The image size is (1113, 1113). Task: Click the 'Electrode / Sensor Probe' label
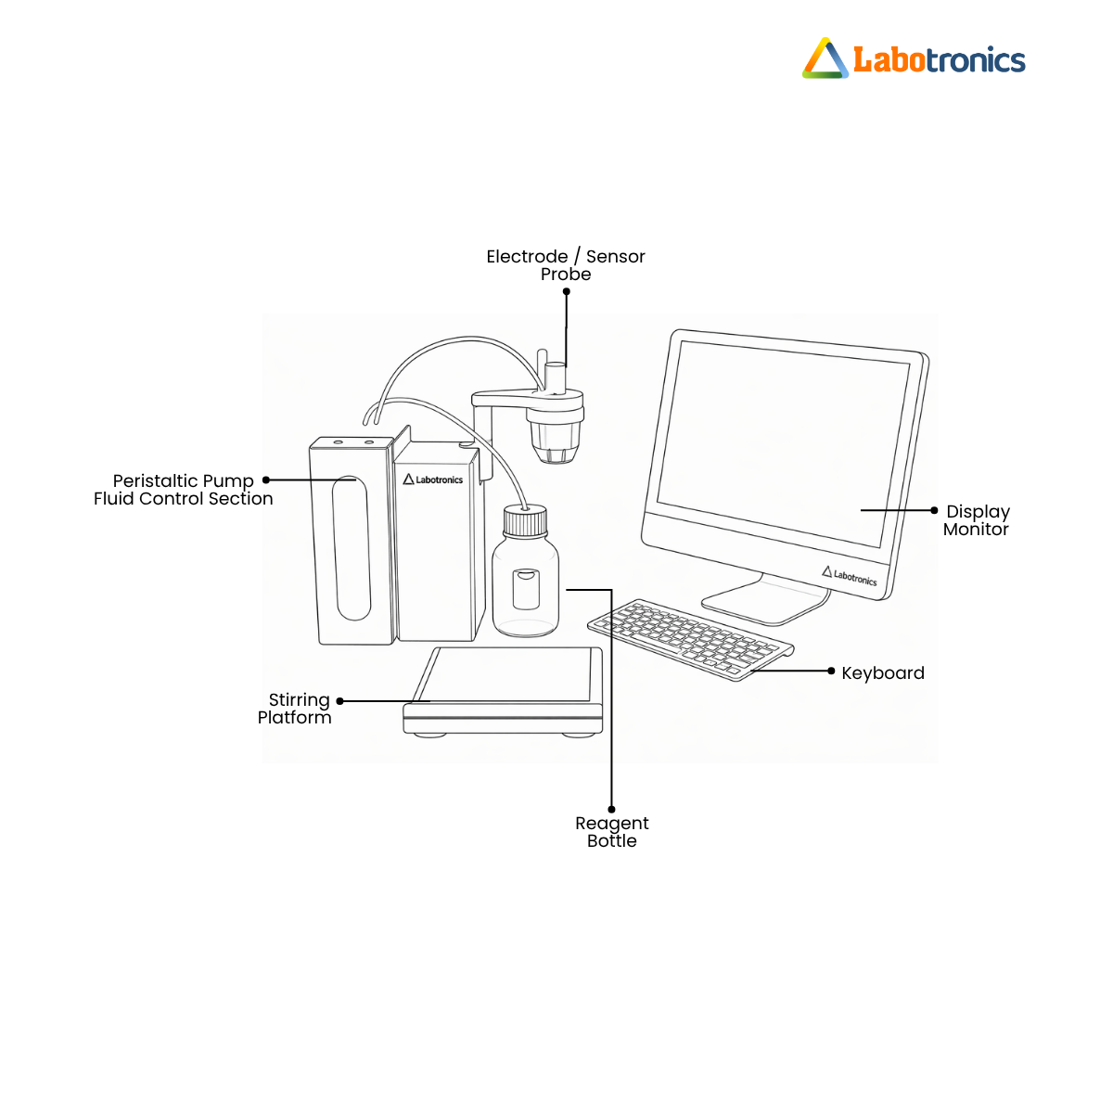pos(566,265)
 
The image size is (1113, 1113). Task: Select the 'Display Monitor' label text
pos(976,520)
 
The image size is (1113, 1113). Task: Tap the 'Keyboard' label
pos(883,672)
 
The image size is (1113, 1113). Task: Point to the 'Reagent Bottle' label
pos(611,832)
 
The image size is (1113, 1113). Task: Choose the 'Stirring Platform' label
pos(295,709)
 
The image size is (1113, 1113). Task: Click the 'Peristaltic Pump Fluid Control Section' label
pos(183,490)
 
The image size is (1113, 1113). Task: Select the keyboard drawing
pos(691,639)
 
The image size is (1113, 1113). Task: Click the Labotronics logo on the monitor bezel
pos(849,576)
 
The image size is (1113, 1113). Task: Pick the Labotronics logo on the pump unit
pos(432,480)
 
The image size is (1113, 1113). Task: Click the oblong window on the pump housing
pos(352,548)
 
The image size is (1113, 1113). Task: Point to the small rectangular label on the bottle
pos(526,589)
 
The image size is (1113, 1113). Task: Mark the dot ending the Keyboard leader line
pos(831,671)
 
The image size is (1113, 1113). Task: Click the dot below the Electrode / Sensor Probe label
pos(567,291)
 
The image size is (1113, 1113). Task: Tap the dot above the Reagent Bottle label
pos(611,809)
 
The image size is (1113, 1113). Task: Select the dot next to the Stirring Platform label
pos(340,701)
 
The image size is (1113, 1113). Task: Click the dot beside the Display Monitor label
pos(934,510)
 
